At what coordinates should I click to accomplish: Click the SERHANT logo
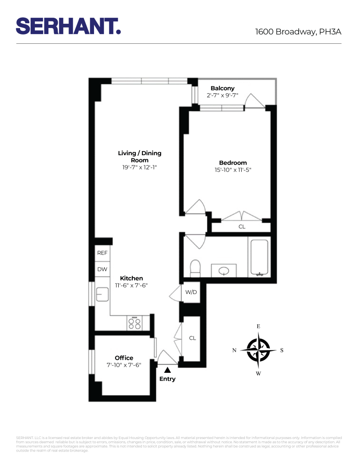coord(68,26)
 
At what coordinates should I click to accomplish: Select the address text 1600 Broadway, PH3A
coord(298,32)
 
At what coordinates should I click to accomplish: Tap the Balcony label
coord(223,89)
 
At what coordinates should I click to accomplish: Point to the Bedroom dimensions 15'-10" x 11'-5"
coord(233,170)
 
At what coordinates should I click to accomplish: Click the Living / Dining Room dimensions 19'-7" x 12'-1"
coord(140,167)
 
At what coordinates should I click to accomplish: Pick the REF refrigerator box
coord(102,253)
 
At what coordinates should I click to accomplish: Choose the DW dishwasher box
coord(102,269)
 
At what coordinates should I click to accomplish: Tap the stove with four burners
coord(135,323)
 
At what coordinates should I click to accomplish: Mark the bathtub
coord(259,258)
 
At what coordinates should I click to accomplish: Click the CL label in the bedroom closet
coord(242,227)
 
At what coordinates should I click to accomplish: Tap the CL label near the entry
coord(192,338)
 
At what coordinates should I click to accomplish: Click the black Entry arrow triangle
coord(167,370)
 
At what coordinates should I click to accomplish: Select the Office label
coord(124,358)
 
